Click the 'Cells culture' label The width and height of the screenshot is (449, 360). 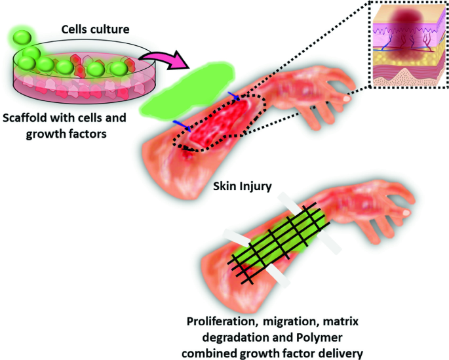(95, 30)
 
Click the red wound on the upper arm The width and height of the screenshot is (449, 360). (219, 121)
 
